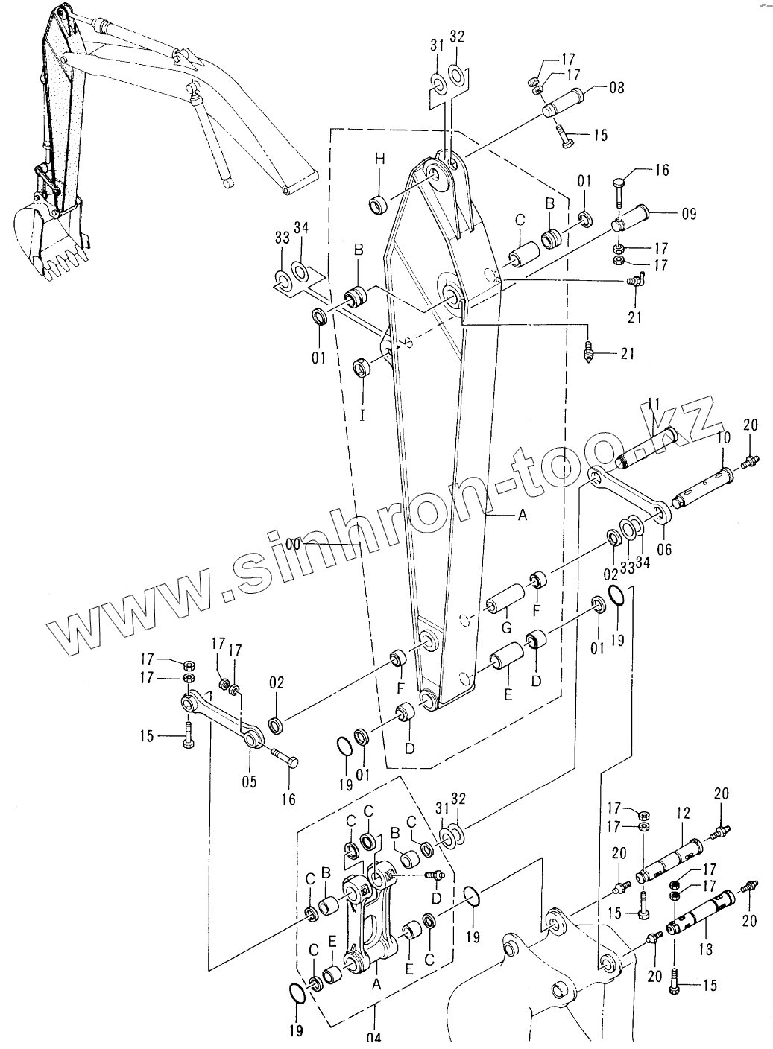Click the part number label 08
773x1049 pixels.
(616, 87)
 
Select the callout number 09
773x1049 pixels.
(687, 215)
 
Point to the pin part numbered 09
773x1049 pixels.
(634, 218)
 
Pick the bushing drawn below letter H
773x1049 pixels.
(379, 203)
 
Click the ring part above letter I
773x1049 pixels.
(362, 368)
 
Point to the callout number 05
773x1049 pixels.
(248, 782)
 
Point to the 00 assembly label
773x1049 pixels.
(294, 545)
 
